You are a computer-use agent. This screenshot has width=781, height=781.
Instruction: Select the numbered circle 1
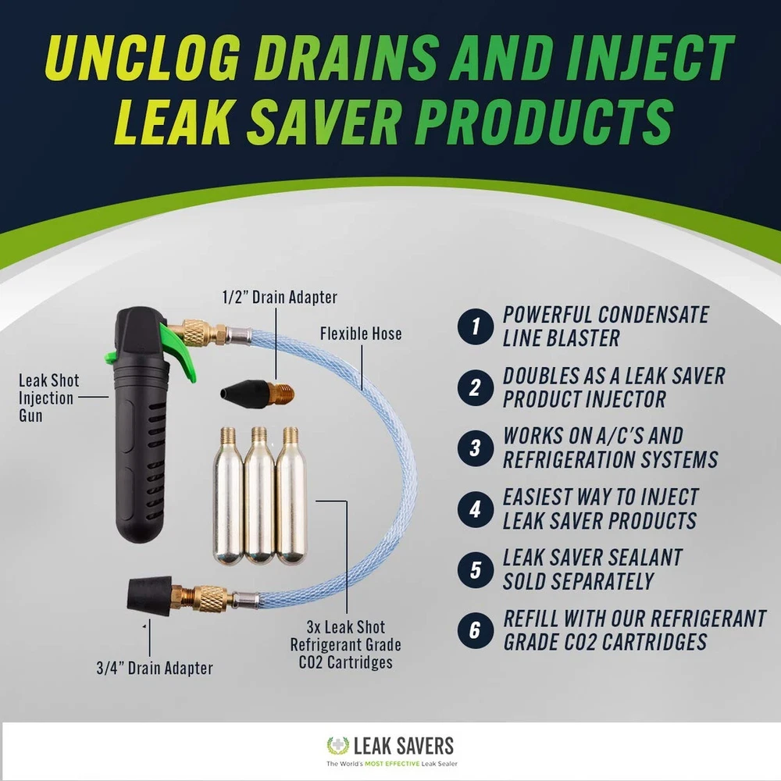(476, 326)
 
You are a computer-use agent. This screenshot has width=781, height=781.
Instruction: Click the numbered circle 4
(476, 509)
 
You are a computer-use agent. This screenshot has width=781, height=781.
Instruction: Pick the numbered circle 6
(476, 630)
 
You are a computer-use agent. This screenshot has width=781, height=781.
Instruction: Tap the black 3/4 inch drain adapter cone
(149, 594)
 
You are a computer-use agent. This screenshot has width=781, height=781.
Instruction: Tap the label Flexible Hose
(361, 333)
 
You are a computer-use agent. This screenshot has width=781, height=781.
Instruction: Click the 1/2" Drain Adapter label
(280, 297)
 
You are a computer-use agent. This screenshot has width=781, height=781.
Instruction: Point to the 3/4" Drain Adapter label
(155, 668)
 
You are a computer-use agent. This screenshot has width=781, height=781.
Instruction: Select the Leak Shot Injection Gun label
(48, 398)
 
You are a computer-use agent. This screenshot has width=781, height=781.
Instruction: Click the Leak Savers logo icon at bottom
(337, 746)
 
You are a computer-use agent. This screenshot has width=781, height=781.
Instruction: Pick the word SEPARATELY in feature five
(578, 581)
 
